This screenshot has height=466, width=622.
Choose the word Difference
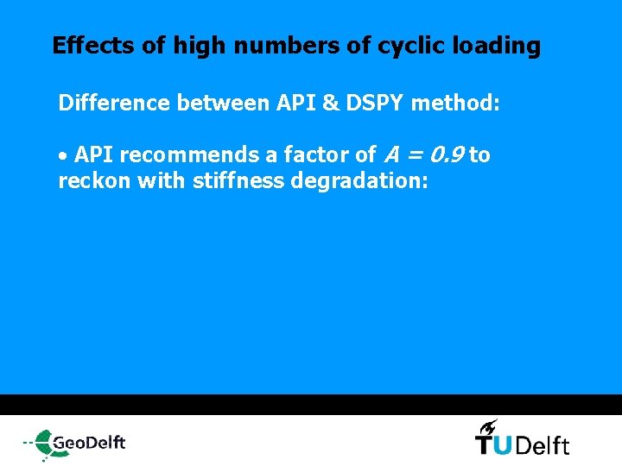[x=114, y=104]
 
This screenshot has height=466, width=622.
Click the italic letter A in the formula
[x=390, y=155]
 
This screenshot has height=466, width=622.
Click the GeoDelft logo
[x=75, y=443]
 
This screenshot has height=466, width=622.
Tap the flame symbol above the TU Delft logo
[x=488, y=425]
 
